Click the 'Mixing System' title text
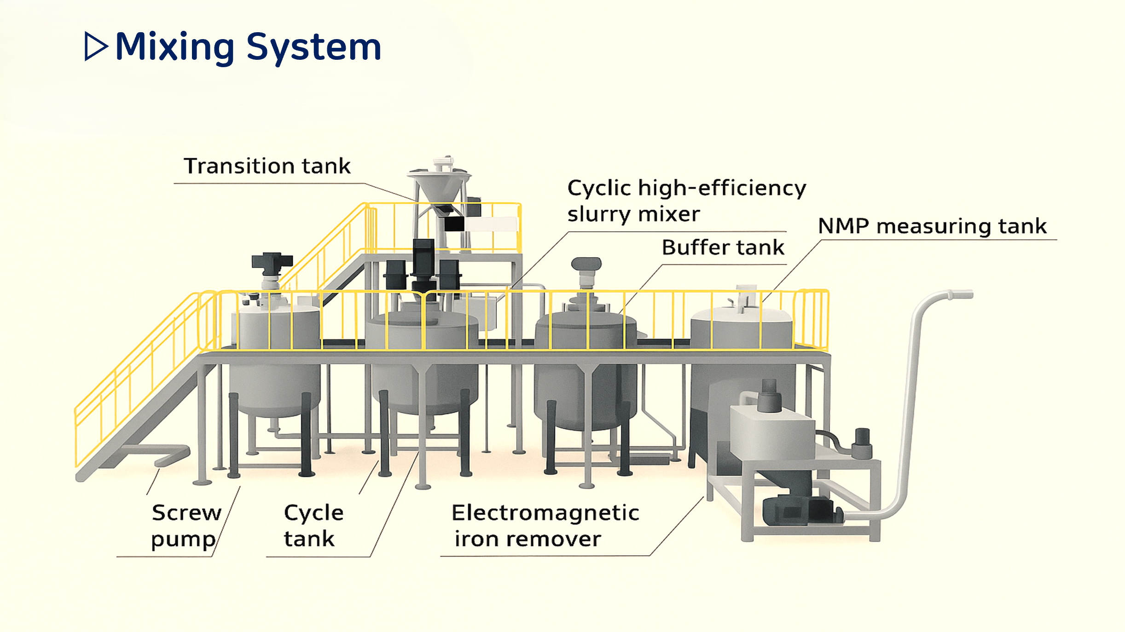(x=248, y=47)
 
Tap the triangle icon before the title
(x=96, y=46)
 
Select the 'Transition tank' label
(x=267, y=166)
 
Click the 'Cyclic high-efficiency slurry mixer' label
(x=686, y=201)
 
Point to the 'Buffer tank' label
(x=723, y=247)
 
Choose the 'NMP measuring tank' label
(x=932, y=226)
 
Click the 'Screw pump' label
(x=186, y=526)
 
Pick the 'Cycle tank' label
(x=313, y=526)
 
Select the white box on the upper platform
(x=491, y=224)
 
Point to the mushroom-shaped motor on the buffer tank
(x=586, y=264)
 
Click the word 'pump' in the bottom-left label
(x=183, y=539)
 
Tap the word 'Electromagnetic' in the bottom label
(x=545, y=512)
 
